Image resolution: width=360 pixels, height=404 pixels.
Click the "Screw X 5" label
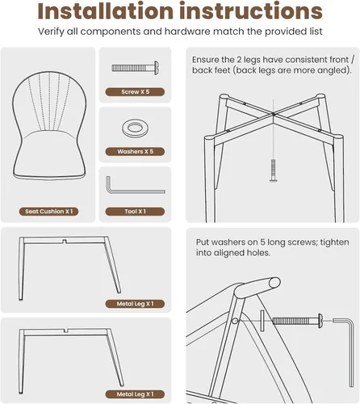coord(135,92)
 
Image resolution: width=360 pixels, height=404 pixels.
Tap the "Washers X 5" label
coord(135,152)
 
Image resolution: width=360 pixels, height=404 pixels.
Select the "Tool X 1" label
coord(135,212)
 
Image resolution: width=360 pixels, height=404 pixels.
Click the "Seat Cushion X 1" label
coord(48,212)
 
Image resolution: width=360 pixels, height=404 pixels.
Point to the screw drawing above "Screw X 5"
coord(136,68)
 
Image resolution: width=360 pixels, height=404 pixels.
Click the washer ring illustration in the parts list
coord(135,128)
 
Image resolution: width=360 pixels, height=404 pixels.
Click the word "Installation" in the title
coord(106,11)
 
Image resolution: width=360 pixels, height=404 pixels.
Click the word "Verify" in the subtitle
coord(51,32)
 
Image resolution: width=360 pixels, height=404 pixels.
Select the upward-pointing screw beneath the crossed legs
coord(274,170)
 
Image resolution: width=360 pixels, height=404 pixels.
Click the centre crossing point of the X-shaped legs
coord(274,114)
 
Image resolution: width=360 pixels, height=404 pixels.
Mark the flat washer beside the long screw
coord(262,321)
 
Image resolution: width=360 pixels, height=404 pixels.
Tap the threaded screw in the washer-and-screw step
coord(298,321)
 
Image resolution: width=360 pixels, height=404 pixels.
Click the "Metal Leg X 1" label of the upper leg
coord(135,304)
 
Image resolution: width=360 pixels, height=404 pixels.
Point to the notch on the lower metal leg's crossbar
coord(66,330)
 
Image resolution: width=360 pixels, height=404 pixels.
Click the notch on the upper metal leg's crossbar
coord(65,241)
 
